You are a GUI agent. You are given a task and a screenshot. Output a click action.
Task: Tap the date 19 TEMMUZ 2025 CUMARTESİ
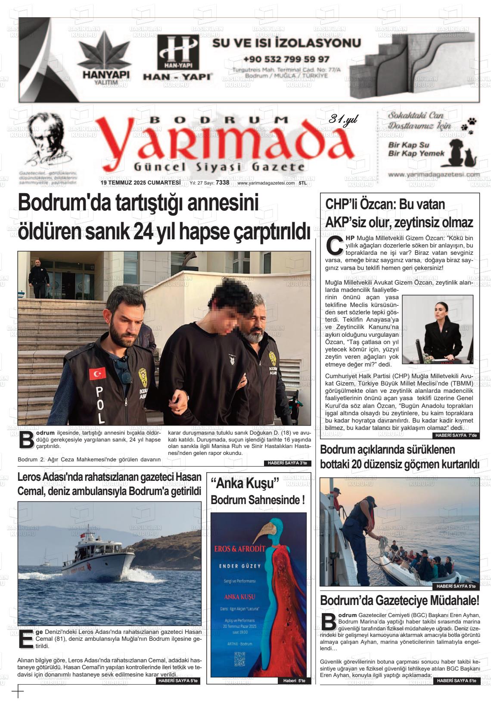click(140, 183)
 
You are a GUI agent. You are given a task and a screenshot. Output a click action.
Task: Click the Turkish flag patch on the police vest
click(97, 373)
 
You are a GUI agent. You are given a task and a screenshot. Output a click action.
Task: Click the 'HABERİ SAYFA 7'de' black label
click(456, 436)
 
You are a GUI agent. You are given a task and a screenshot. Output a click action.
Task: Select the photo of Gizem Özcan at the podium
click(437, 329)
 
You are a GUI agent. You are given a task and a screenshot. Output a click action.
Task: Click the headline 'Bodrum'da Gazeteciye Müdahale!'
click(399, 600)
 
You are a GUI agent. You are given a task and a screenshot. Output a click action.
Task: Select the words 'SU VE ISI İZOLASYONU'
click(286, 43)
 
